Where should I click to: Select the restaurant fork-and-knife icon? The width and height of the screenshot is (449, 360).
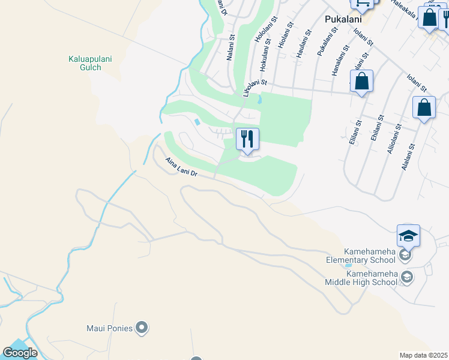(x=247, y=139)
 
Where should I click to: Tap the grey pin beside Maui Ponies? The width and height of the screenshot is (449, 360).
(x=142, y=328)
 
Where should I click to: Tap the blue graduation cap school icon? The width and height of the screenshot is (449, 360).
(x=408, y=235)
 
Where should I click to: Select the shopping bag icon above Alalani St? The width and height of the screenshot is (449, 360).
(x=424, y=108)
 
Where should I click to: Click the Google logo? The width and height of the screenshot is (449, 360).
(x=20, y=353)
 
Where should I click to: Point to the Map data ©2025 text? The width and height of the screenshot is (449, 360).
(x=424, y=355)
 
